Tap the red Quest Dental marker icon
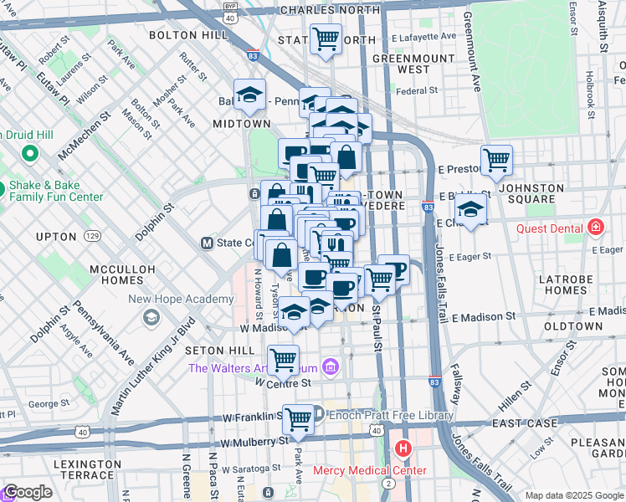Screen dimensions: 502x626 pos(595,227)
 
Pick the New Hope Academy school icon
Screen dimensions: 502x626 pos(151,317)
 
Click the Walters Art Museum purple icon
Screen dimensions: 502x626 pos(331,367)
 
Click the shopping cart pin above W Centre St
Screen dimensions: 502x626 pos(284,360)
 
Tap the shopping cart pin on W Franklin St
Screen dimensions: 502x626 pos(298,419)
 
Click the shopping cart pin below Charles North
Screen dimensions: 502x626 pos(326,38)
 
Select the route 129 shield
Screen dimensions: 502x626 pos(93,238)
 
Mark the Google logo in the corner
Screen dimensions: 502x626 pos(28,492)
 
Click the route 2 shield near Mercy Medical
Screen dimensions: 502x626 pos(387,483)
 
